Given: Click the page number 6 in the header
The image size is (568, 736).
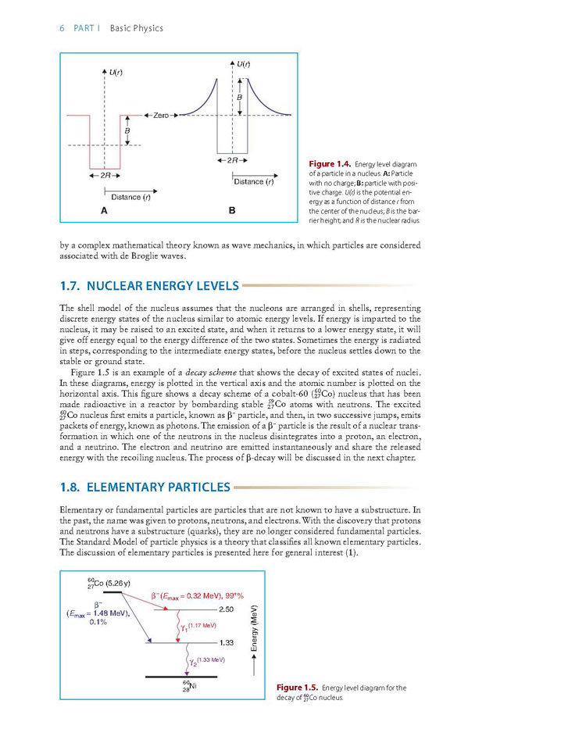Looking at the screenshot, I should [62, 29].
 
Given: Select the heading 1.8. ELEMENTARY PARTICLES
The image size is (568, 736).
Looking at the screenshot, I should [145, 488].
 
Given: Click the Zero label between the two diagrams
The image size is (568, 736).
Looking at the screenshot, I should [161, 115].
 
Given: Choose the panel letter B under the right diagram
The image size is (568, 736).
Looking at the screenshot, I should [232, 211].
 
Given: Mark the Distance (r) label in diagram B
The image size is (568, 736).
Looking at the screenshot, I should [253, 182].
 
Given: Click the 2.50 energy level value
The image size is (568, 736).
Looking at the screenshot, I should [226, 609].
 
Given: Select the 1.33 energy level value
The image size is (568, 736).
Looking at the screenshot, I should [226, 642].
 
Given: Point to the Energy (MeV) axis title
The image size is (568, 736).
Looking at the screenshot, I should [254, 627].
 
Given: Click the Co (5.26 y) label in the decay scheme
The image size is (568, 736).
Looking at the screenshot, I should [109, 583].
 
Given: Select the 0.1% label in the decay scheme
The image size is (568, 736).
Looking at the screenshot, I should [98, 622].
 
